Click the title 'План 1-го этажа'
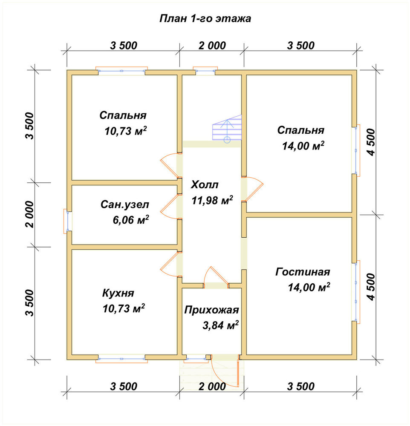tap(205, 19)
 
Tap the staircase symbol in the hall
tap(227, 128)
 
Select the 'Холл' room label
tap(205, 184)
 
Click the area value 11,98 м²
tap(212, 200)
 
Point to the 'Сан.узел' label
tap(125, 204)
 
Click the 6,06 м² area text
tap(131, 220)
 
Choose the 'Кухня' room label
tap(118, 293)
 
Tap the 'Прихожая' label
tap(211, 310)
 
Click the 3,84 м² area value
tap(220, 325)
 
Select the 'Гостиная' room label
tap(303, 272)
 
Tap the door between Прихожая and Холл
tap(216, 276)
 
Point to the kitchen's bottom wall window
tap(121, 359)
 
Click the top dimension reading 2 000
tap(212, 46)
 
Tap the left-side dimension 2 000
tap(30, 214)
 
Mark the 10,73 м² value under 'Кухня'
tap(124, 308)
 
